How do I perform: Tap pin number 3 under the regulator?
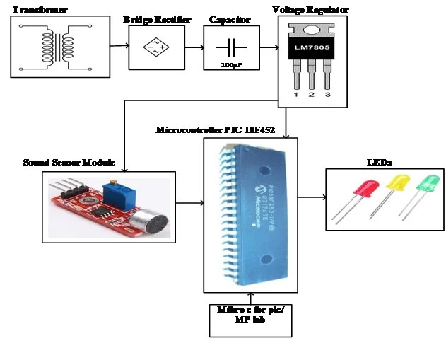(x=327, y=93)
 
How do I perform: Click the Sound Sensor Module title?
(x=69, y=163)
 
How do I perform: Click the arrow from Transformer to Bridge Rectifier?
(x=119, y=47)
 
